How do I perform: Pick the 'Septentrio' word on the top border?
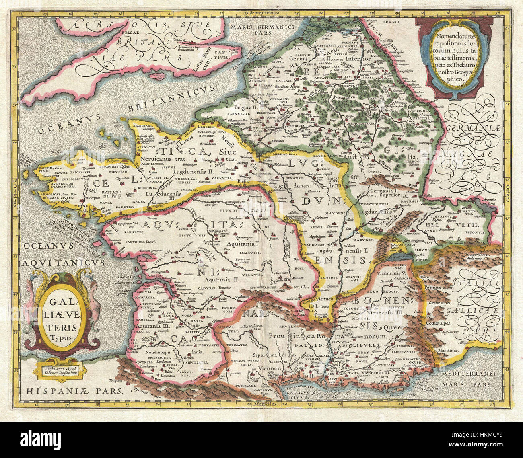point(261,13)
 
